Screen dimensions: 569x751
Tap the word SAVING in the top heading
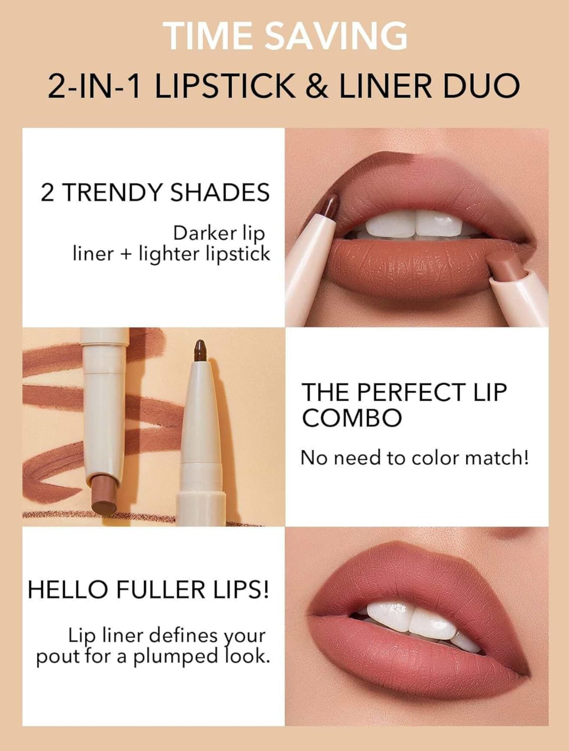pyautogui.click(x=336, y=36)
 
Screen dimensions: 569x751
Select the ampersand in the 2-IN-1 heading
pyautogui.click(x=317, y=85)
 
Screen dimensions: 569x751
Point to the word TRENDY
pyautogui.click(x=112, y=192)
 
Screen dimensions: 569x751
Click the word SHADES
pyautogui.click(x=220, y=192)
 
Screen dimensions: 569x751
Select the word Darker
pyautogui.click(x=201, y=233)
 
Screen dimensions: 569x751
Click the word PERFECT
pyautogui.click(x=411, y=392)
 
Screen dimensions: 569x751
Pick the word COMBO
pyautogui.click(x=352, y=417)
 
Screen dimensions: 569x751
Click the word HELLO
pyautogui.click(x=67, y=590)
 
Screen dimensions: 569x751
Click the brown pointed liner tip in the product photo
pyautogui.click(x=201, y=350)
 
